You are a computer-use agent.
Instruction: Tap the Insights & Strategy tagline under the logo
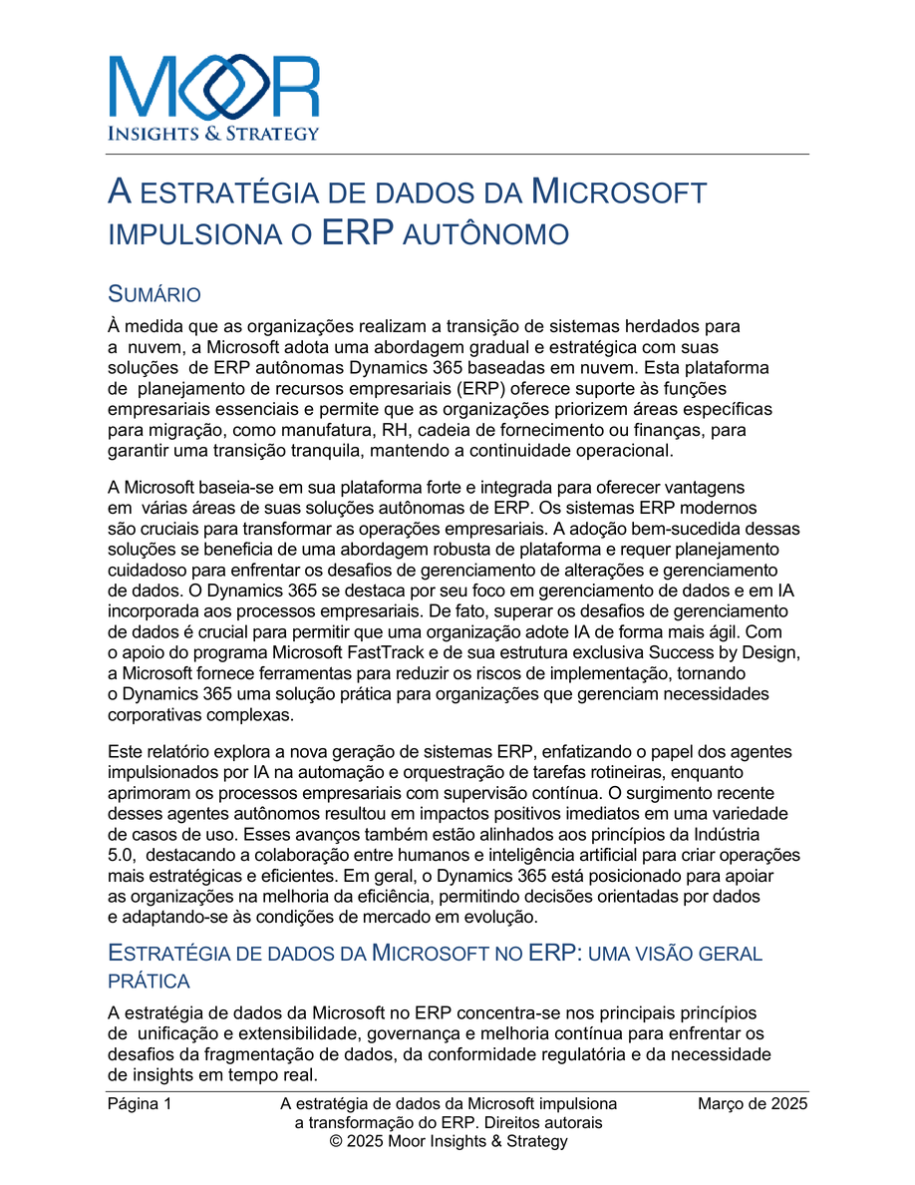click(213, 133)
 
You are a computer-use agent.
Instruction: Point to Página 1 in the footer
click(140, 1104)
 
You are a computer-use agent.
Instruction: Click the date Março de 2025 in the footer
click(752, 1104)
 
